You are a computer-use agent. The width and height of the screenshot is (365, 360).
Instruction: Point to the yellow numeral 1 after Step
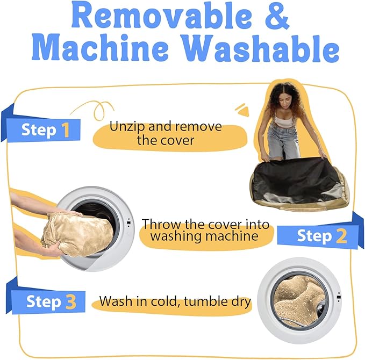coord(66,129)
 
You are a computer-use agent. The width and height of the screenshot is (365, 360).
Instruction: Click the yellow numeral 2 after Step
coord(341,236)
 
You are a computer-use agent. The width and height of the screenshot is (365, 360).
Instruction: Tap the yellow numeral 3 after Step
coord(71,302)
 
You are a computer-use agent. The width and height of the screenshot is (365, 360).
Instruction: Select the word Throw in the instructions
coord(162,225)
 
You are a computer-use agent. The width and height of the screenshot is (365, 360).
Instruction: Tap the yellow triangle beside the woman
coord(242,110)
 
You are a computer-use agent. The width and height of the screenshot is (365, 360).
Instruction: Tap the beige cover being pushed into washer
coord(77,234)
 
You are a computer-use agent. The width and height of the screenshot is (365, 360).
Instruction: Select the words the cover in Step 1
coord(166,140)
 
